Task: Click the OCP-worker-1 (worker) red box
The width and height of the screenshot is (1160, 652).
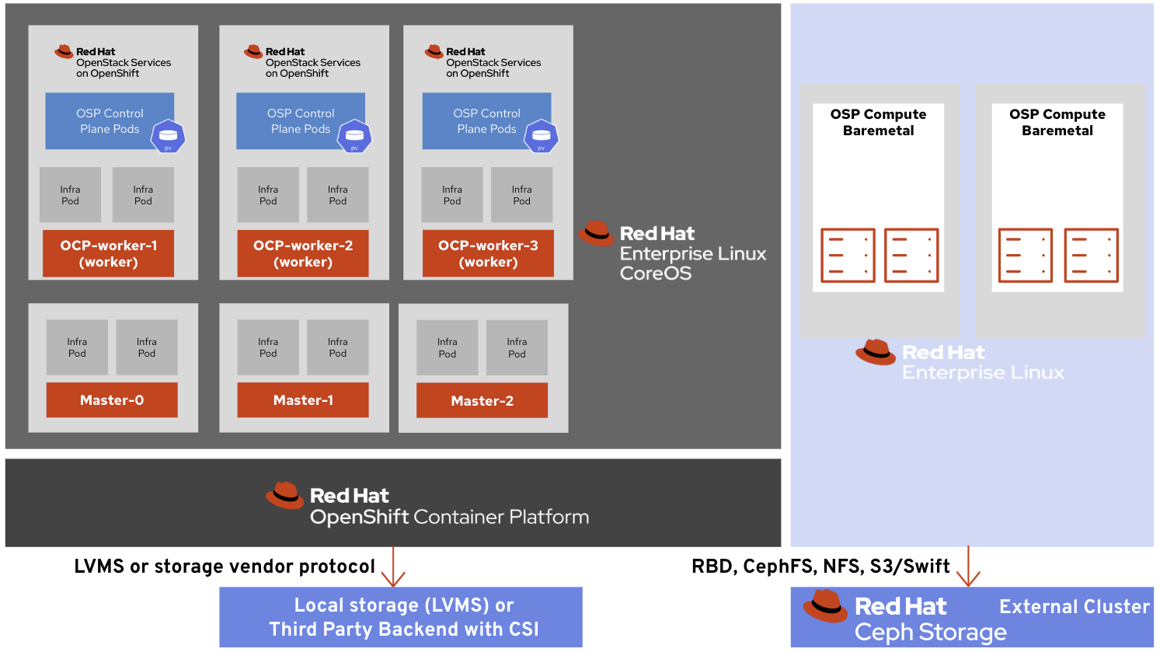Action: point(108,253)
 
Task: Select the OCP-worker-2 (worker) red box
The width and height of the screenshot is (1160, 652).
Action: point(302,253)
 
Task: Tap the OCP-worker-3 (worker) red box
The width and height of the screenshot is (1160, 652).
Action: point(488,253)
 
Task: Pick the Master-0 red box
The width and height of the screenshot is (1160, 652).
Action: point(112,400)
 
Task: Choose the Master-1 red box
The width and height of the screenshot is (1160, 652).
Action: point(302,400)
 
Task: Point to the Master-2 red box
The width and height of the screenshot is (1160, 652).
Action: point(482,401)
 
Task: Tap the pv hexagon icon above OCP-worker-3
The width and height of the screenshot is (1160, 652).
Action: point(542,136)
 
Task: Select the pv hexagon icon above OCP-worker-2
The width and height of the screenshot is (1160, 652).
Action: point(354,136)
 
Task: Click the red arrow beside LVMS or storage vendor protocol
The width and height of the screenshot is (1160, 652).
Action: point(393,567)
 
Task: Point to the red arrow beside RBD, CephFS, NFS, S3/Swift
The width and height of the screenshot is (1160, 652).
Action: point(968,567)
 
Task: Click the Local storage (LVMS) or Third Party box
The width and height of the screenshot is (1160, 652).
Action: point(401,617)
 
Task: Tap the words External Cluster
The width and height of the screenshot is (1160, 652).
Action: point(1074,607)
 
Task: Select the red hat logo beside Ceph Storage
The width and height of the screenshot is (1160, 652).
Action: point(825,606)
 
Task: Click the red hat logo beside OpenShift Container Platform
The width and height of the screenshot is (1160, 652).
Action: point(285,496)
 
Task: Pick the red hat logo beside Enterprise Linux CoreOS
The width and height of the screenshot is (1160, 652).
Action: point(597,233)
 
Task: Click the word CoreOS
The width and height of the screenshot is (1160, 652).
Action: point(655,274)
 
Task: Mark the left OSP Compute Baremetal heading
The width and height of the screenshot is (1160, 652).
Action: point(878,122)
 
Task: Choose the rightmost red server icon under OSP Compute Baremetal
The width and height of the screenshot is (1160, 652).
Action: point(1091,255)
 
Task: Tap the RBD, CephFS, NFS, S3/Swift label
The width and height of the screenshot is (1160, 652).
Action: point(820,567)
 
